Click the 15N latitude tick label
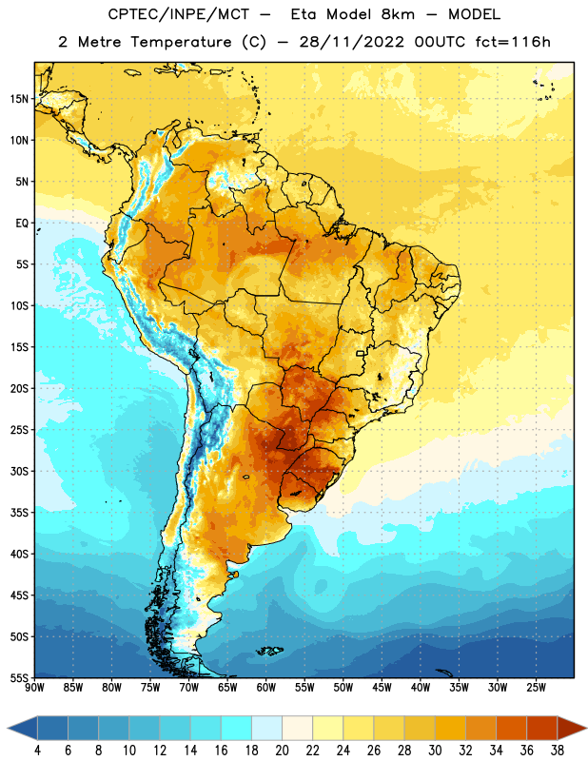[x=19, y=99]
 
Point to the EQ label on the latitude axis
[x=22, y=224]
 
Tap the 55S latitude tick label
[x=19, y=677]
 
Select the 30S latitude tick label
[x=19, y=471]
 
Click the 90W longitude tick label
[x=34, y=688]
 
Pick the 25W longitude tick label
[x=536, y=688]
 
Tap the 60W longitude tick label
[x=266, y=688]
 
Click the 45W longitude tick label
[x=382, y=688]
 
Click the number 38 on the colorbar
[x=558, y=751]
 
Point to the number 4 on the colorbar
[x=37, y=751]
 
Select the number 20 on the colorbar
[x=282, y=751]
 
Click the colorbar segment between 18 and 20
[x=266, y=728]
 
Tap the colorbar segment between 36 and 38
[x=542, y=728]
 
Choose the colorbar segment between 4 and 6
[x=52, y=728]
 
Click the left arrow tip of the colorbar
[x=8, y=728]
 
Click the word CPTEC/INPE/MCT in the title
[x=178, y=14]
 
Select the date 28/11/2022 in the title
[x=351, y=42]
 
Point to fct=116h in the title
[x=513, y=42]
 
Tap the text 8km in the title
[x=398, y=14]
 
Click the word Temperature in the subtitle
[x=181, y=42]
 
